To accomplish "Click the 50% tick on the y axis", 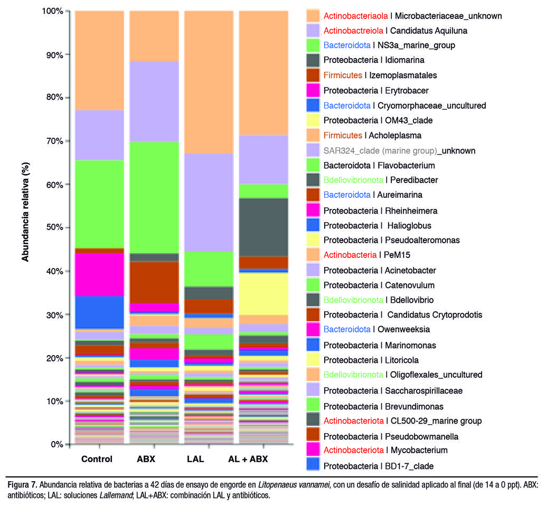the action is (x=67, y=227).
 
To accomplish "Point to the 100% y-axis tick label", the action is (x=52, y=11).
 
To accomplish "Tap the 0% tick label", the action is (x=57, y=444).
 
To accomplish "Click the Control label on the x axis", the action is (x=97, y=459).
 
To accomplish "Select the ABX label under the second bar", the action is (x=146, y=459).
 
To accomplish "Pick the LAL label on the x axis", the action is (x=195, y=459).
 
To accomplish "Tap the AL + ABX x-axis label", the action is (x=248, y=459).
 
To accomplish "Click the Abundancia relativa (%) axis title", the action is (x=25, y=212).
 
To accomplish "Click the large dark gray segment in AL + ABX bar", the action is (x=263, y=227).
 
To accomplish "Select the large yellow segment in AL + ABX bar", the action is (x=263, y=294).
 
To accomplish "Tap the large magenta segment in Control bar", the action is (x=100, y=274).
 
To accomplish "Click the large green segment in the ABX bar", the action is (x=154, y=198).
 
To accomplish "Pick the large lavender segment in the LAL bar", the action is (x=209, y=203).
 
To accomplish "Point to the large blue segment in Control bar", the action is (x=100, y=312).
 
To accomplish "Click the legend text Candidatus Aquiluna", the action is (x=429, y=31).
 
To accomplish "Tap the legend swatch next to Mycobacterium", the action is (x=313, y=449).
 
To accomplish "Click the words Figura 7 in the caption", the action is (x=22, y=485).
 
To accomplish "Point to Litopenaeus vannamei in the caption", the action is (x=294, y=485).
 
